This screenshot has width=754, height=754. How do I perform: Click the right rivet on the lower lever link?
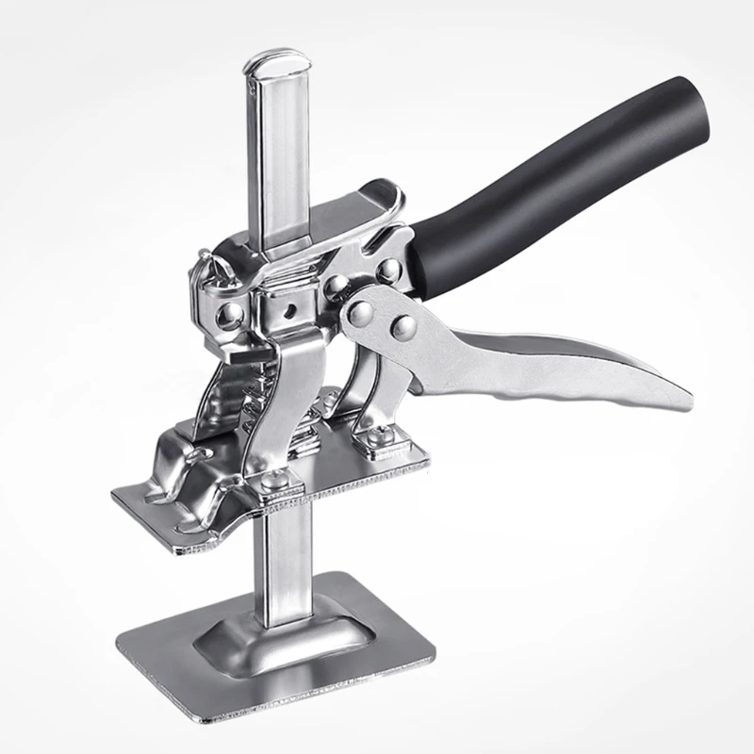[403, 327]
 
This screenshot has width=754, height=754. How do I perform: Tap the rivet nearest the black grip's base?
[387, 269]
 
